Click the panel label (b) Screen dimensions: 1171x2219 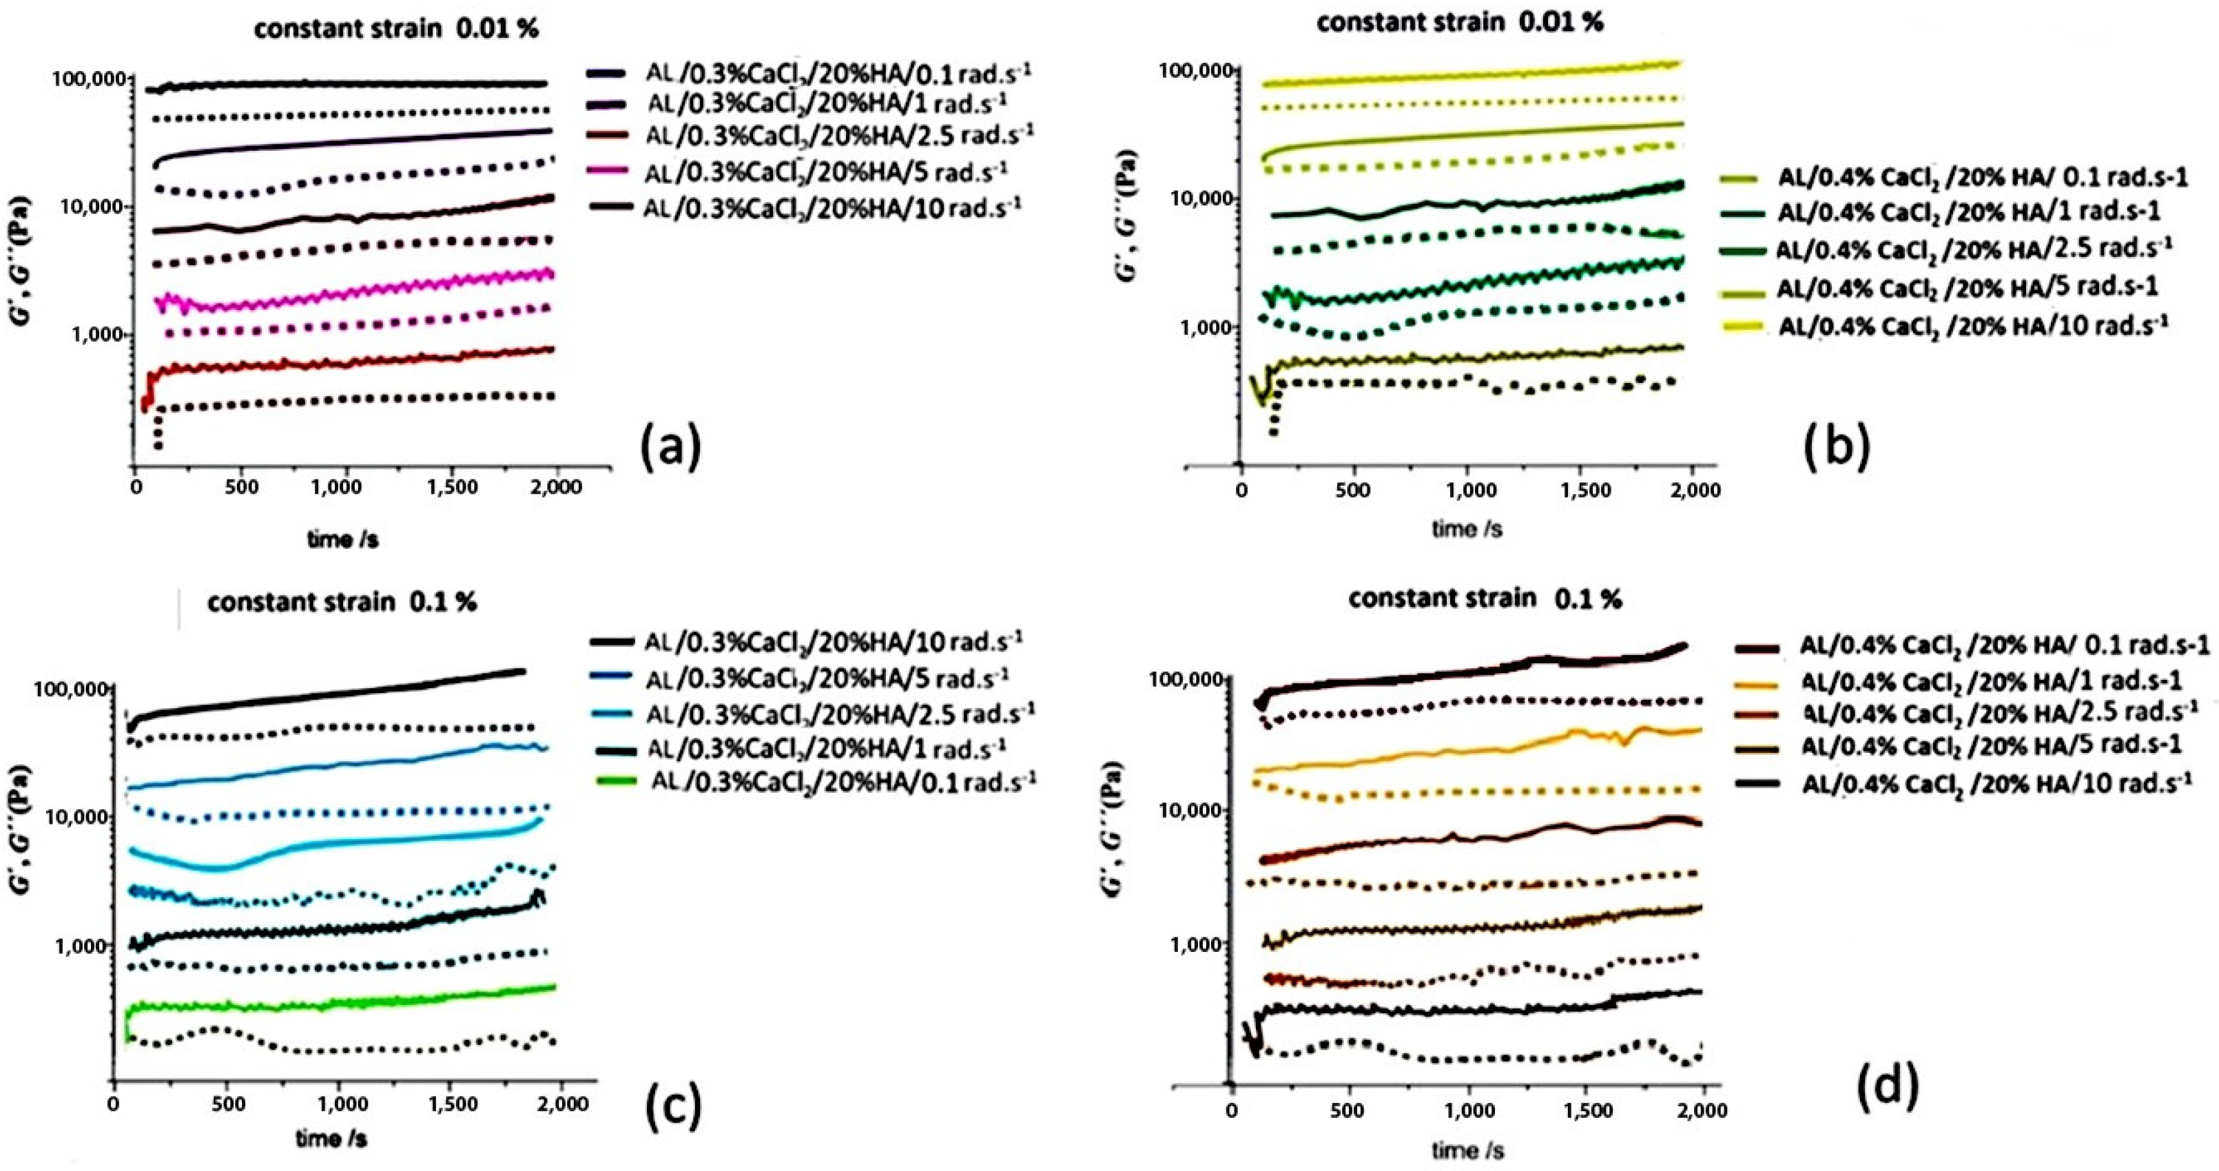coord(1837,448)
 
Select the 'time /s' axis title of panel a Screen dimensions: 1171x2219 coord(343,540)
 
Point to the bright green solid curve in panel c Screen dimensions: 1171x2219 coord(344,1005)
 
